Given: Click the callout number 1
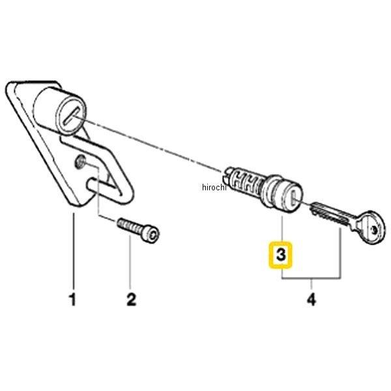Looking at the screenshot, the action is tap(72, 300).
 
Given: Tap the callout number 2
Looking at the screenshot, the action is tap(132, 300).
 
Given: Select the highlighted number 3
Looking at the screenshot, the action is tap(281, 255).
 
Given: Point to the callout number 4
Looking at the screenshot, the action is tap(311, 300).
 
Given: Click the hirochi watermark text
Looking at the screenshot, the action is tap(214, 187).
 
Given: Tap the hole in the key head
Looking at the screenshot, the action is tap(374, 229).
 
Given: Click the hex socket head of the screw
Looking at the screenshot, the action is tap(152, 234).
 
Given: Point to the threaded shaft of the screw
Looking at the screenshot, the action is tap(130, 225).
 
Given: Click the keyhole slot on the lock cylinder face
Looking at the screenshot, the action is tap(295, 197).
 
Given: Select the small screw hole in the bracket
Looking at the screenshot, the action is tap(80, 162).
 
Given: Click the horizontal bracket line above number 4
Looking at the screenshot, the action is tap(311, 278).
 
